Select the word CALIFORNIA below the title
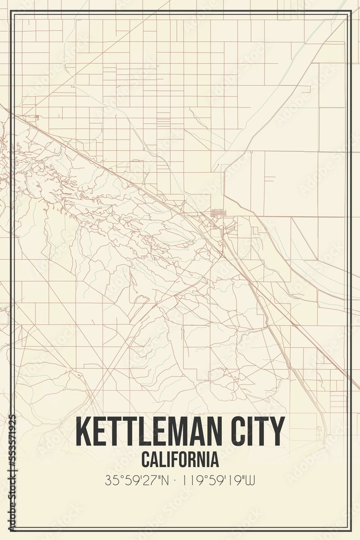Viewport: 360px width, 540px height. [x=180, y=460]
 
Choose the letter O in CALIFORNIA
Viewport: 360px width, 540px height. [x=185, y=460]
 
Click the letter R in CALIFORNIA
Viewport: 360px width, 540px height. [x=195, y=460]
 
